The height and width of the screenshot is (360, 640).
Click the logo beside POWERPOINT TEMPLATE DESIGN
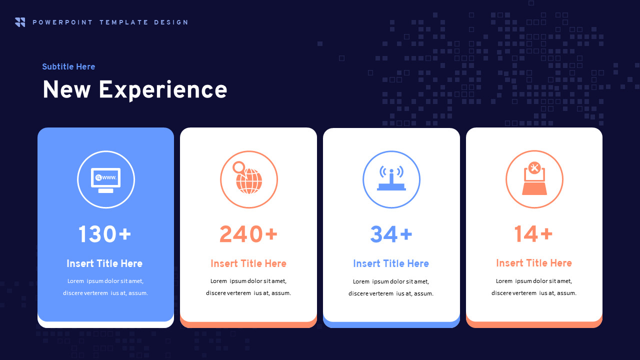click(x=20, y=22)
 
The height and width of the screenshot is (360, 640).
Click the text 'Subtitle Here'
click(x=68, y=66)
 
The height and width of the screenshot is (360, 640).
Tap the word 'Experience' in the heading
click(x=163, y=90)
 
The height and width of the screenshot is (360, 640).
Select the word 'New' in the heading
click(x=66, y=90)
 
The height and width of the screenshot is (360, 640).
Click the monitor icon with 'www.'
click(x=106, y=179)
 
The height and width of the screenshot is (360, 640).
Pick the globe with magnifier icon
click(x=248, y=179)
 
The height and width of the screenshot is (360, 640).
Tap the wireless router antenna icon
click(x=391, y=179)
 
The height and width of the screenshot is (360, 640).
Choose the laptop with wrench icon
click(x=534, y=179)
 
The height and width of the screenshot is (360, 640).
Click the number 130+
click(x=104, y=234)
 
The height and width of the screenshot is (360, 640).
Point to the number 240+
click(x=248, y=234)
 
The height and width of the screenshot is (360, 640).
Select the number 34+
click(x=391, y=234)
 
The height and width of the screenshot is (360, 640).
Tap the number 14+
click(x=533, y=234)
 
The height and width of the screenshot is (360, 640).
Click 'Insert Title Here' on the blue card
click(x=104, y=263)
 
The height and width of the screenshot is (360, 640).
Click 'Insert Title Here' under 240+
click(x=248, y=263)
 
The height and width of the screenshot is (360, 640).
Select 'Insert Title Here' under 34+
click(x=391, y=263)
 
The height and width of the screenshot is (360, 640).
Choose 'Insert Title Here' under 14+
click(x=534, y=263)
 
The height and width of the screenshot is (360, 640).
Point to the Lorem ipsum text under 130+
click(x=105, y=287)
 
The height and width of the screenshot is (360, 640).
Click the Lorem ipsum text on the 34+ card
click(x=391, y=287)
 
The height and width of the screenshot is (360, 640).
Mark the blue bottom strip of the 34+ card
click(x=391, y=325)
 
